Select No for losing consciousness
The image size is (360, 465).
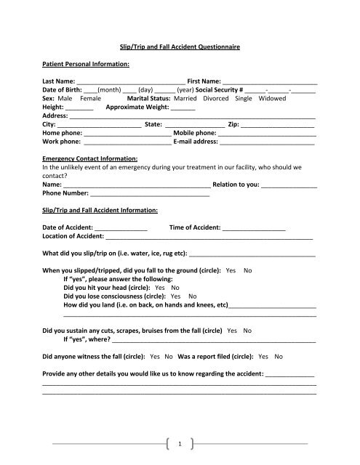193,296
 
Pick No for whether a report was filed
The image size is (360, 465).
279,357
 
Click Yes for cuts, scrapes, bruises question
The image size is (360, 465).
232,330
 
